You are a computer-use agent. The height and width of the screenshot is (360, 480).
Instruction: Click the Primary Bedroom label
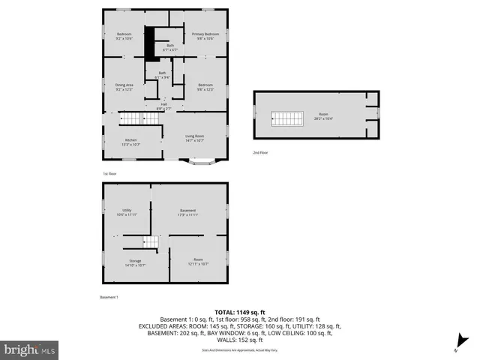coord(205,36)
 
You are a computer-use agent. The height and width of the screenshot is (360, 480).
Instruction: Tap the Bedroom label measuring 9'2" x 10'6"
coord(124,36)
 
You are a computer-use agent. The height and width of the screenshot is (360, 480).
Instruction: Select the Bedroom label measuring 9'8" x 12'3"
coord(205,87)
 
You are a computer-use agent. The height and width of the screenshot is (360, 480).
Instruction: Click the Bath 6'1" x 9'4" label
coord(162,75)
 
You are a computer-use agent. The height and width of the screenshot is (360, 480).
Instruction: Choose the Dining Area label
coord(124,87)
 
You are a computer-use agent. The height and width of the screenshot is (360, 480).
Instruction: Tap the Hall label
coord(163,106)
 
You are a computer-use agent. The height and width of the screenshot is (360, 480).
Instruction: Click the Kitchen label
coord(130,142)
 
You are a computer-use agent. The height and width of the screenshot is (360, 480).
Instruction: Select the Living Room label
coord(195,138)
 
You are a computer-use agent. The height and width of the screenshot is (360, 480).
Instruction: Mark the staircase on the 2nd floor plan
coord(284,118)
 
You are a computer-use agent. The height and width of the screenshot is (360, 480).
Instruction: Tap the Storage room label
coord(135,262)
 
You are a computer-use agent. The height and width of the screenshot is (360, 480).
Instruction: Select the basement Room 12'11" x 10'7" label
coord(199,262)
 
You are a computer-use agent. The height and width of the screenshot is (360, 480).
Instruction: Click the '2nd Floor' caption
coord(260,152)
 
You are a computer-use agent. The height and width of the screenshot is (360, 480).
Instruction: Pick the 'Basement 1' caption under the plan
coord(109,298)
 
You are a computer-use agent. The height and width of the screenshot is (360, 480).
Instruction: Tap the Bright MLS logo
coord(30,349)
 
